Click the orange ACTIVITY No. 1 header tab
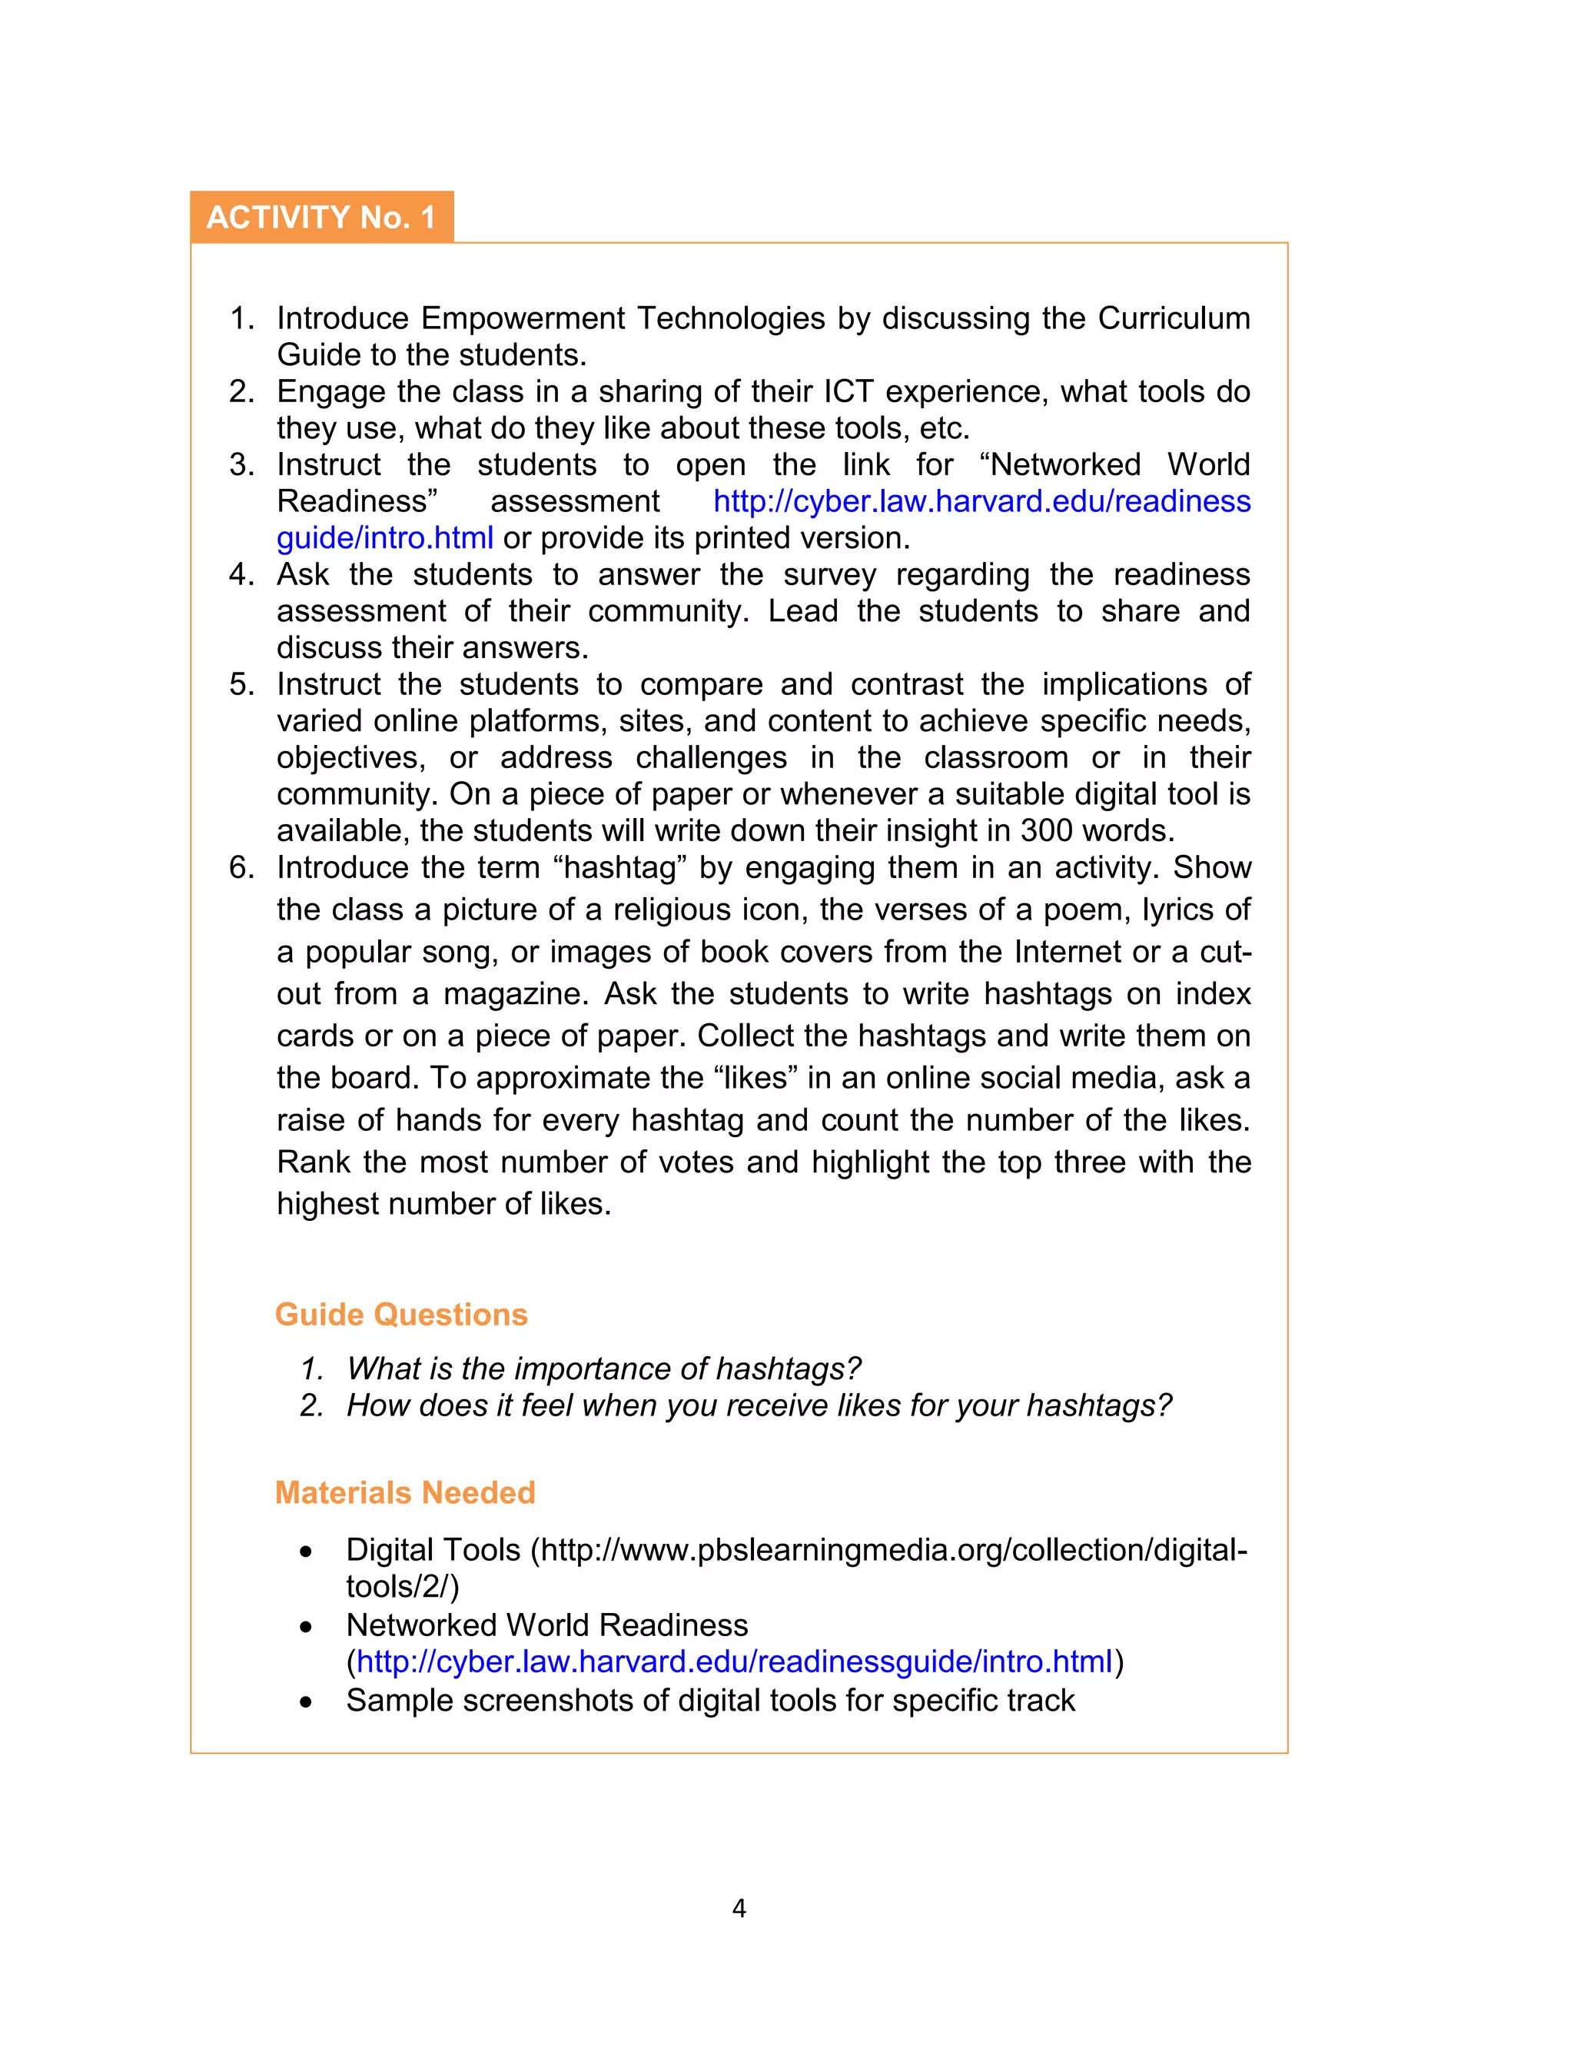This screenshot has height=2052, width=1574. tap(321, 218)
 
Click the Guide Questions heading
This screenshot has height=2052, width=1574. tap(401, 1315)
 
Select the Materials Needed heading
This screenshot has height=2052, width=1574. tap(405, 1492)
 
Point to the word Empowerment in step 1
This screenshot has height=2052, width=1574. tap(523, 318)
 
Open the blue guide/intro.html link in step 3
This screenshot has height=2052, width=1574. tap(385, 539)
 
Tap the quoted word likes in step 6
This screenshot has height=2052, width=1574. tap(755, 1079)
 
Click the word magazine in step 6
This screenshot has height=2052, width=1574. tap(515, 994)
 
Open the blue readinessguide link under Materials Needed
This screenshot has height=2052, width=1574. tap(734, 1662)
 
